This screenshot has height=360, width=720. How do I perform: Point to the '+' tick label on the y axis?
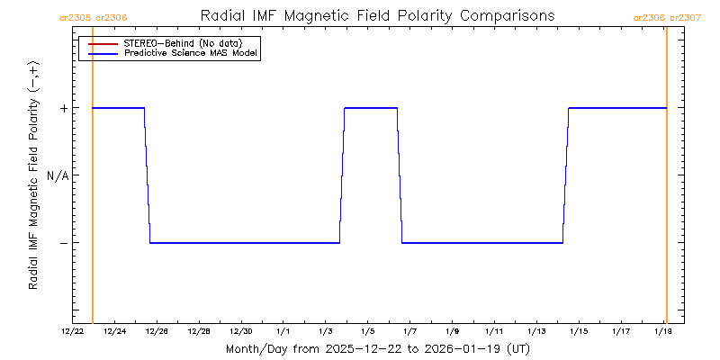point(63,108)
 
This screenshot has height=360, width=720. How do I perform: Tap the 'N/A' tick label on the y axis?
point(58,175)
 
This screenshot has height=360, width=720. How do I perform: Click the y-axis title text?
point(33,175)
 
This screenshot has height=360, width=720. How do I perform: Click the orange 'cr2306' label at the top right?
point(650,17)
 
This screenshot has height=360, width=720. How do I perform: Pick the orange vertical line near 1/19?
point(666,180)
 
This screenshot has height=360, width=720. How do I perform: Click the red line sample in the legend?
point(103,42)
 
